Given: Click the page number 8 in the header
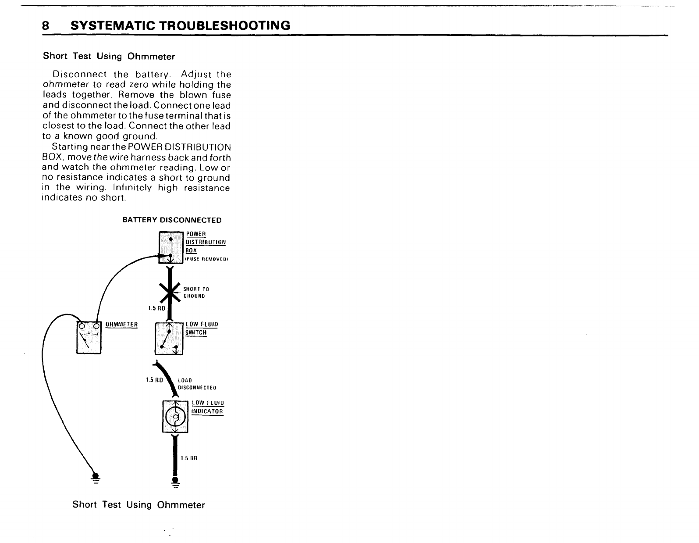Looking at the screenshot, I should coord(45,25).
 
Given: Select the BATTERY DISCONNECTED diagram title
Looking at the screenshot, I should coord(172,220).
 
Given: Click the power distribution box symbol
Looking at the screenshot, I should coord(170,248).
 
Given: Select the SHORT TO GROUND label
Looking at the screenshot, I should coord(196,293).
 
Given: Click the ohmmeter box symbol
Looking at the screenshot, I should coord(89,337).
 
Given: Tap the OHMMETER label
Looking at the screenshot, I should coord(121,325).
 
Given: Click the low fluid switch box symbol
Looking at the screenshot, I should coord(169,339).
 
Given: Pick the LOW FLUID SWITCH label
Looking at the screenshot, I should coord(202,329).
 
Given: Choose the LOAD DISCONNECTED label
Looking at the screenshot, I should coord(197,384).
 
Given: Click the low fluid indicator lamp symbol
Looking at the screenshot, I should coord(175,416).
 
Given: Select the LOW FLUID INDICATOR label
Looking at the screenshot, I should coord(207,407).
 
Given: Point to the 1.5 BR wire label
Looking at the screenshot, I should coord(189,458).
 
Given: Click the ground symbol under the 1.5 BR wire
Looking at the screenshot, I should coord(175,483).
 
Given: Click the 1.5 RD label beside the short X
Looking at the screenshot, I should coord(156,308).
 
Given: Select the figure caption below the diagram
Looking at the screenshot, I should coord(138,505).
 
